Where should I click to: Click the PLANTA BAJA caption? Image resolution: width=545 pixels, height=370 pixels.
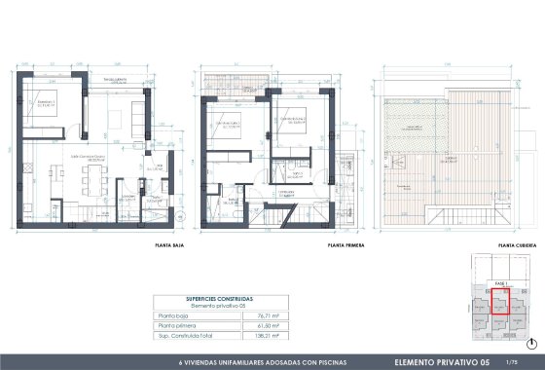(169, 247)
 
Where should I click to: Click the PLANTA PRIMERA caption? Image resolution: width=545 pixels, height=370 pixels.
(346, 247)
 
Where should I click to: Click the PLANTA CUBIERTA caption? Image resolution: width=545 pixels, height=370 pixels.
(517, 247)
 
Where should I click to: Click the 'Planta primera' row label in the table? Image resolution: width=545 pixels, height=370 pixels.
(176, 325)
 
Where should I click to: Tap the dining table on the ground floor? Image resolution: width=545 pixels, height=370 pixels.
(94, 178)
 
